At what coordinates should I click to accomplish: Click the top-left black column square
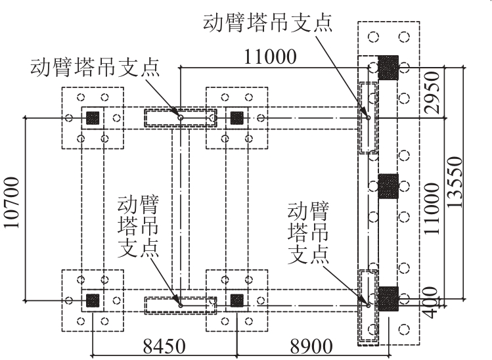click(93, 118)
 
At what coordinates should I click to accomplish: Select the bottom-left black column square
click(93, 300)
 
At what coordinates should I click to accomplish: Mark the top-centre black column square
click(237, 118)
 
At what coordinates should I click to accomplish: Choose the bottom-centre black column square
click(237, 300)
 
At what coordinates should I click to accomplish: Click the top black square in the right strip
click(388, 66)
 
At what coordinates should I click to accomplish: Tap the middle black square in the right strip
click(388, 186)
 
